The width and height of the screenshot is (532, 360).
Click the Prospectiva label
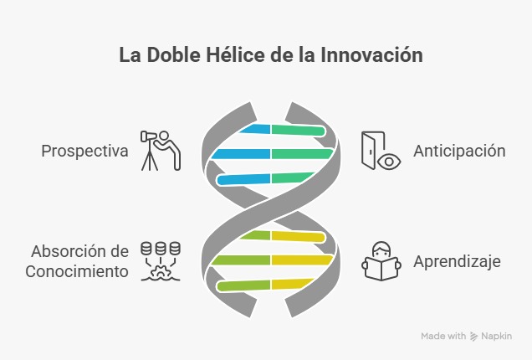[84, 152]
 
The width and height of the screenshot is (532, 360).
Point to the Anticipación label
[459, 151]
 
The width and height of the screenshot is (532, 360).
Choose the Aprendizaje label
[457, 261]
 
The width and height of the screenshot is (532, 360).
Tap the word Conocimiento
[77, 271]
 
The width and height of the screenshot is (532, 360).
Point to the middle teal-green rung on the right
[301, 154]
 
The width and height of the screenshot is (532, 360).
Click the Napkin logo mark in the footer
[474, 336]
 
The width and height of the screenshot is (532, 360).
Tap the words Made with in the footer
[443, 336]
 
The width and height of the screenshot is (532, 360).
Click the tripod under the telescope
[151, 159]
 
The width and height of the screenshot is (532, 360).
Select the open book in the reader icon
[381, 269]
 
